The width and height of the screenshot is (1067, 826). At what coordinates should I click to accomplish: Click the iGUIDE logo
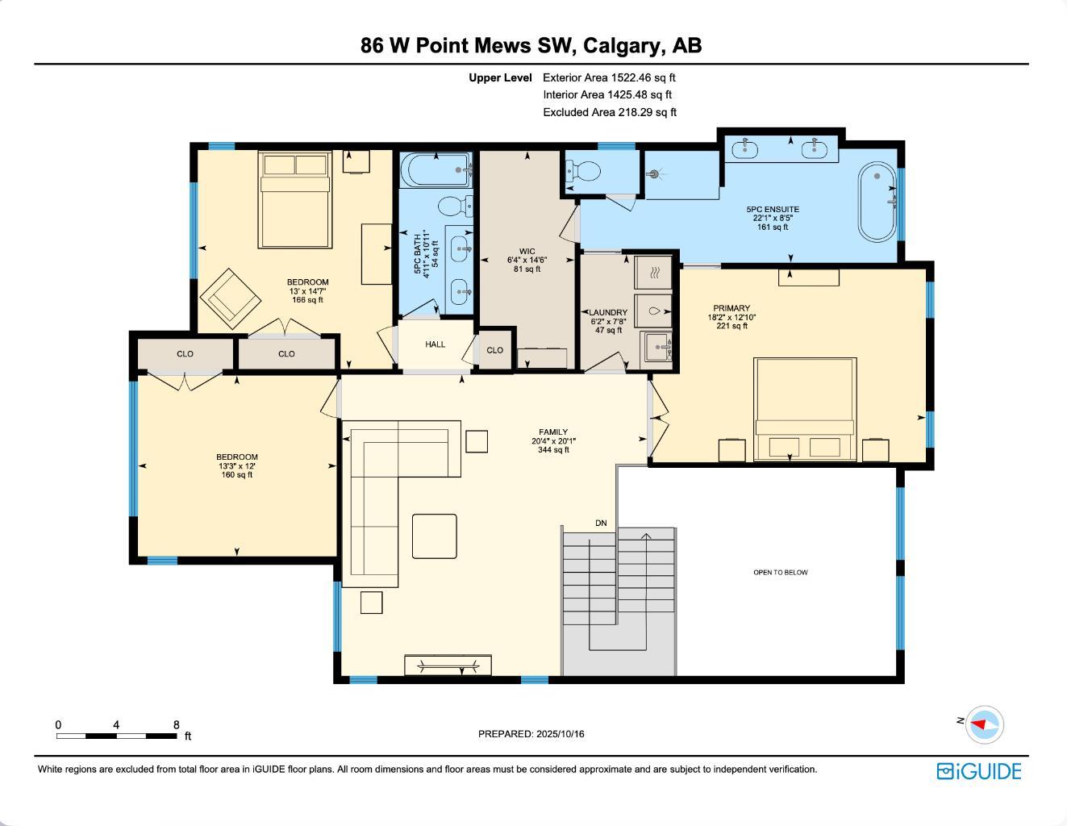tap(978, 771)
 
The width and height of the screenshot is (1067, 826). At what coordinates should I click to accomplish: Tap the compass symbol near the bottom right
tap(984, 724)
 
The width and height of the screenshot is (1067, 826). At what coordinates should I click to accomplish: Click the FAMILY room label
tap(553, 432)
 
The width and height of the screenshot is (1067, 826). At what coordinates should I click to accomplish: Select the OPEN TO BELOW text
tap(780, 573)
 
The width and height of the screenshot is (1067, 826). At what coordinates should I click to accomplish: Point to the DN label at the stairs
tap(601, 524)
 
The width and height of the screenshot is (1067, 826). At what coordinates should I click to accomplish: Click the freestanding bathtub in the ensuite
tap(876, 202)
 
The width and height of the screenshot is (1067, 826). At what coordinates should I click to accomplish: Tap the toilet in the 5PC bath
tap(456, 206)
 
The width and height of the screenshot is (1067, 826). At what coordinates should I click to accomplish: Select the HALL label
tap(436, 344)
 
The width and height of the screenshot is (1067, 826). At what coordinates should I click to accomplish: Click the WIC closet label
tap(527, 252)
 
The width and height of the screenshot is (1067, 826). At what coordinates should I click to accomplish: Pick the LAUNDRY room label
tap(608, 313)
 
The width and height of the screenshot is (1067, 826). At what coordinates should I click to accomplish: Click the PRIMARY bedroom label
tap(731, 308)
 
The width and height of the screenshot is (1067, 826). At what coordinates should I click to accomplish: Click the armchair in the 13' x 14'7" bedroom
tap(231, 298)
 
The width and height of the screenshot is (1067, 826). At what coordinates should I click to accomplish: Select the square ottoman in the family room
tap(434, 536)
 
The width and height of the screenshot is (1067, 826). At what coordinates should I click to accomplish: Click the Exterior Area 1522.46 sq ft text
tap(609, 78)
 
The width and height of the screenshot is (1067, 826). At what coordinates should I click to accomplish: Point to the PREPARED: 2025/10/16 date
tap(531, 734)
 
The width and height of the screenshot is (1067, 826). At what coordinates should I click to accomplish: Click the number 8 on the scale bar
tap(177, 725)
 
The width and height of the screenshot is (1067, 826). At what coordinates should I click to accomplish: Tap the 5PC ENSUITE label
tap(773, 210)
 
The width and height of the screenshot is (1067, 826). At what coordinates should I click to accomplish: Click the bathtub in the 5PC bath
tap(436, 170)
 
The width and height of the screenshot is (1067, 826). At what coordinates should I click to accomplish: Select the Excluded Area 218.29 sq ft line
tap(610, 113)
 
